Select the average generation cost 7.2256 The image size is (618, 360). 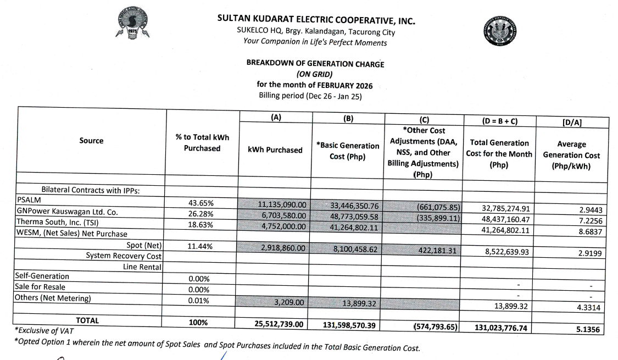pyautogui.click(x=588, y=220)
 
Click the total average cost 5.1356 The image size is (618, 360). pyautogui.click(x=587, y=330)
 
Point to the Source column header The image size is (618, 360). pyautogui.click(x=91, y=141)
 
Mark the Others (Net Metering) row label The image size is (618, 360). pyautogui.click(x=53, y=298)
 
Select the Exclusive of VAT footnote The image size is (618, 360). pyautogui.click(x=43, y=331)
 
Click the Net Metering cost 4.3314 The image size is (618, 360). pyautogui.click(x=588, y=308)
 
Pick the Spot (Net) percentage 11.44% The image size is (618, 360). pyautogui.click(x=201, y=246)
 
